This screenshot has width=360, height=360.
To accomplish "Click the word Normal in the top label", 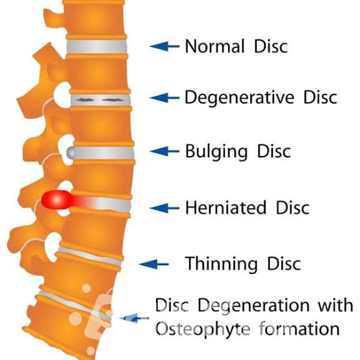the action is coord(214,46).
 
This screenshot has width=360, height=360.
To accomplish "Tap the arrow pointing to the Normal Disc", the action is coord(164,46).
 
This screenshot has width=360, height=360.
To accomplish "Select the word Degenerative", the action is coord(240,98).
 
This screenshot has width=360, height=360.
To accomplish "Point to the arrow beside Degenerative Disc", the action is coord(164,97).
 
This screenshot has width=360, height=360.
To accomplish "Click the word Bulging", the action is coord(216,152).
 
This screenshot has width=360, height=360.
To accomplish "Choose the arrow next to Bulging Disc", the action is coord(164,151).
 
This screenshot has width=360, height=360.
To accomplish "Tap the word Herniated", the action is coord(225,207).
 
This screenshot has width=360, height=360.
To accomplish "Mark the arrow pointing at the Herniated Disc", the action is coord(164,208).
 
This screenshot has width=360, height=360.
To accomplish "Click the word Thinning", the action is coord(221,264).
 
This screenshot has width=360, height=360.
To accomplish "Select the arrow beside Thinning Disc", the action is coord(154,264).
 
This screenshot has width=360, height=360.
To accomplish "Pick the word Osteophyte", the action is coord(203,329).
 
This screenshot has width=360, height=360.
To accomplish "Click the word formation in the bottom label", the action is coord(300,328).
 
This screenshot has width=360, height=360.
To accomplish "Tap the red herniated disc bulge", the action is coord(57,200).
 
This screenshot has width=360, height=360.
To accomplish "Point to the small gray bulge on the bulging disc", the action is coord(71,152).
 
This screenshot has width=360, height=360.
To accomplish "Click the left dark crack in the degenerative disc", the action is coord(84,100).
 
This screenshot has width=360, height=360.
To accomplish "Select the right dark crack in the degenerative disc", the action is coord(112,100).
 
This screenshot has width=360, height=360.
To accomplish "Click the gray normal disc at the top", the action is coord(97,47).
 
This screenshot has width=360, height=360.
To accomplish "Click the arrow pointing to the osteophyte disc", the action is coord(134,318).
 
